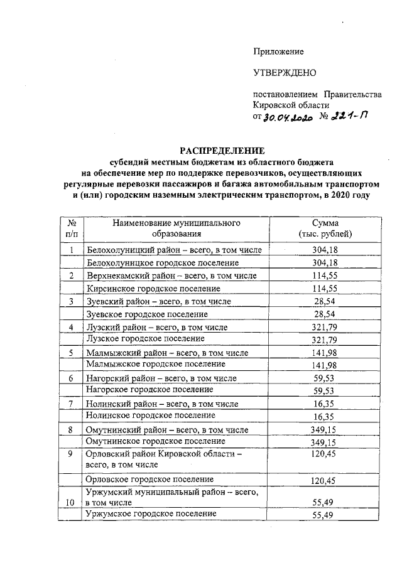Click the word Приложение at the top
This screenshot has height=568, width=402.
click(x=278, y=51)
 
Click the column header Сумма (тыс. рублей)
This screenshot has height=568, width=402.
click(x=325, y=228)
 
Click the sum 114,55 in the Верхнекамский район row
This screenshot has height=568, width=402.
click(x=325, y=276)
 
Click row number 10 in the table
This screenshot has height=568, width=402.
click(x=72, y=503)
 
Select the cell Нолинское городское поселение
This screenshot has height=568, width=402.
click(x=151, y=415)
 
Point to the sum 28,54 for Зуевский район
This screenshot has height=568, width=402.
click(x=325, y=301)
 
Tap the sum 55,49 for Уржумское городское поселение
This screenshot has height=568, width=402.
click(x=325, y=515)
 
